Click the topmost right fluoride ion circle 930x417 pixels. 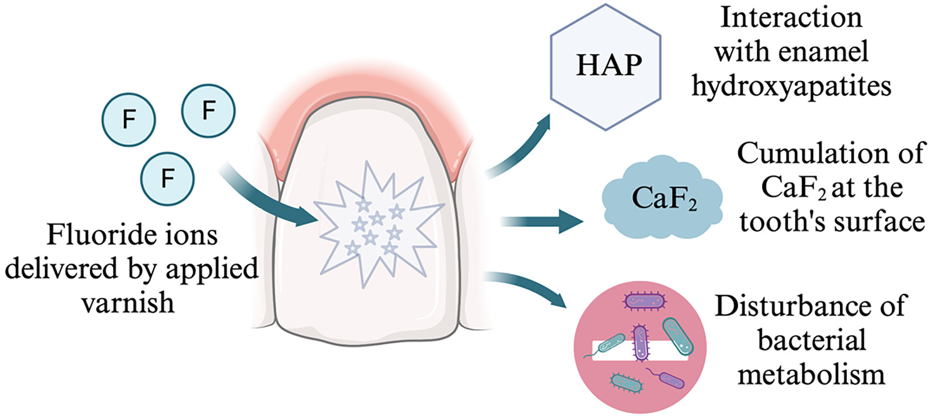coord(208,111)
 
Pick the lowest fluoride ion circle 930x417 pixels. coord(167,179)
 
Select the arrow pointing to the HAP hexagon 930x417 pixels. coord(519,147)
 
